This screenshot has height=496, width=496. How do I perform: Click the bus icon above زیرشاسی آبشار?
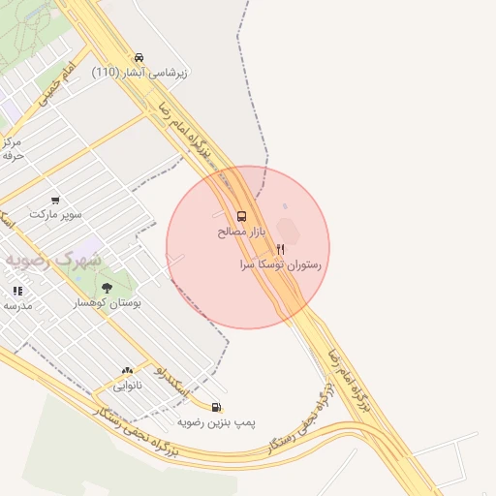[140, 57]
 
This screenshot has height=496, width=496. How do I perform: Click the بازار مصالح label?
[239, 232]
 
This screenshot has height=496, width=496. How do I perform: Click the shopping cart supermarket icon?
[55, 200]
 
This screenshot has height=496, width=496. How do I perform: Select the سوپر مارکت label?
[56, 213]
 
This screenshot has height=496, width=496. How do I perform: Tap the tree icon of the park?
[107, 288]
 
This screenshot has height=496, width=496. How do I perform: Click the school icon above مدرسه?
[17, 291]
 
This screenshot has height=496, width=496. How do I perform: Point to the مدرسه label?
[18, 305]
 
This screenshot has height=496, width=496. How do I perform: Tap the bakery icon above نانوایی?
[127, 370]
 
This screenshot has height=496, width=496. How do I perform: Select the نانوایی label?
[127, 386]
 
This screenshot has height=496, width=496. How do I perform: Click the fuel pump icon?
[216, 407]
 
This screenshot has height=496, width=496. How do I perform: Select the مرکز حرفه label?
[13, 148]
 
